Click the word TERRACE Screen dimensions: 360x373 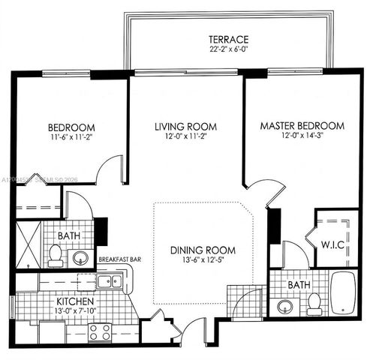click(x=229, y=39)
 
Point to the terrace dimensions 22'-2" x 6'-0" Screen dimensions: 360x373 click(x=229, y=49)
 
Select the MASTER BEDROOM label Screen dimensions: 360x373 click(x=302, y=125)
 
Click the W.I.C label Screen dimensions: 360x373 click(x=334, y=244)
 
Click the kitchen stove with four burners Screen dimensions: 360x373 click(x=100, y=331)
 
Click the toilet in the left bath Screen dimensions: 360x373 click(x=55, y=257)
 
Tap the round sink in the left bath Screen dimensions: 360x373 click(x=80, y=258)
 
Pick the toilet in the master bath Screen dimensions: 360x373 click(x=314, y=304)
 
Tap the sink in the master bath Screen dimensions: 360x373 click(x=285, y=306)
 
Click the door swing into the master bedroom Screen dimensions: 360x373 click(x=257, y=192)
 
